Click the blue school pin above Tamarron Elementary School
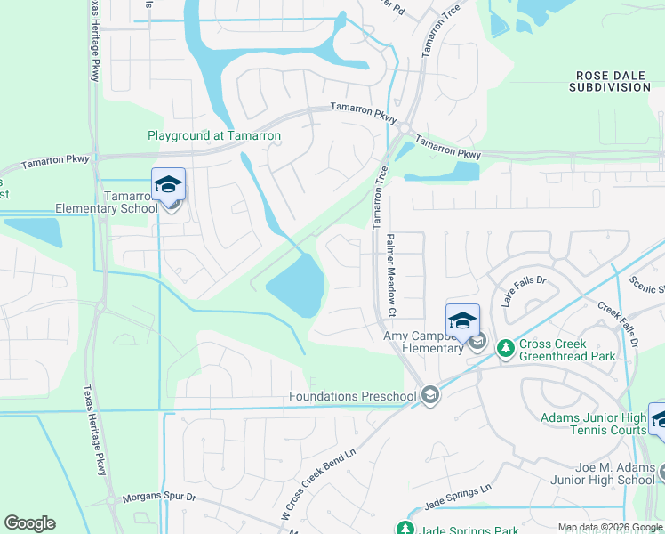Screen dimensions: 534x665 click(168, 184)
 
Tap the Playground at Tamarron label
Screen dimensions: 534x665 click(214, 136)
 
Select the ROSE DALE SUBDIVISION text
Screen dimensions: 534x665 click(613, 82)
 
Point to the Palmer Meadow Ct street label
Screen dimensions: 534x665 click(389, 275)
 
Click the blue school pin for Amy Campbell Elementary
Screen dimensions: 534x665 click(463, 320)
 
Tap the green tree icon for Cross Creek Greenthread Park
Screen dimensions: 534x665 click(505, 345)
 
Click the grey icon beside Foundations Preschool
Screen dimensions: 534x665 click(430, 395)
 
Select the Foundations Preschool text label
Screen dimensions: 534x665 click(352, 396)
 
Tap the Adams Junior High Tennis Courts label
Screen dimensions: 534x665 click(593, 424)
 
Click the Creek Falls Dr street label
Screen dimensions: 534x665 click(618, 323)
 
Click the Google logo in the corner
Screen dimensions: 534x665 click(29, 523)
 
